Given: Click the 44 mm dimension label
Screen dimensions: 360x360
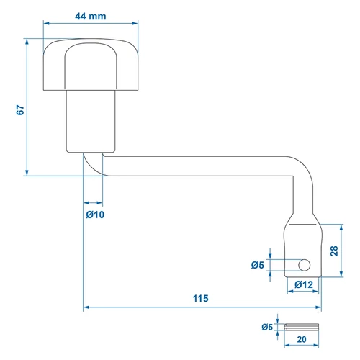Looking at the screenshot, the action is pyautogui.click(x=91, y=17).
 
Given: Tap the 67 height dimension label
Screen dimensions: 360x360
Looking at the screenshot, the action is pyautogui.click(x=21, y=110).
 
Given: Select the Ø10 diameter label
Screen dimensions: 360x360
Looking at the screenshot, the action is pyautogui.click(x=95, y=215).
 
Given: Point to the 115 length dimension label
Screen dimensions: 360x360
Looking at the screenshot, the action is pyautogui.click(x=201, y=298).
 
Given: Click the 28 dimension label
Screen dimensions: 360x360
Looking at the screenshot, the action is pyautogui.click(x=334, y=251).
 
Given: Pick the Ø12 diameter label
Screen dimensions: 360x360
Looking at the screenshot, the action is pyautogui.click(x=304, y=284).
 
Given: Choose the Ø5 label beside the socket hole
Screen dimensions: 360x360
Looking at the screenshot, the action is pyautogui.click(x=258, y=265).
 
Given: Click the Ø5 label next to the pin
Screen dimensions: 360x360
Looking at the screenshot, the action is pyautogui.click(x=267, y=327).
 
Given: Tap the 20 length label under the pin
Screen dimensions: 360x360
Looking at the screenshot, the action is pyautogui.click(x=302, y=339).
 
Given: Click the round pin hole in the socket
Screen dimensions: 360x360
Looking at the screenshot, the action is pyautogui.click(x=305, y=265).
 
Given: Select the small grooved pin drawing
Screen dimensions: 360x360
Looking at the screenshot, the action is pyautogui.click(x=302, y=327).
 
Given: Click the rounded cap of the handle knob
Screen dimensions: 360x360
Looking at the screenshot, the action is pyautogui.click(x=91, y=64).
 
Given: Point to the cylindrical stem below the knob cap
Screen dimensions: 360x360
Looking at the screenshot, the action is pyautogui.click(x=91, y=121).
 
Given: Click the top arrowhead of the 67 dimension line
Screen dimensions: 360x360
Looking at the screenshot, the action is pyautogui.click(x=27, y=42).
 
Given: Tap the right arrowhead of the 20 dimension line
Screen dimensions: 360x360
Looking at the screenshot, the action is pyautogui.click(x=316, y=346).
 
